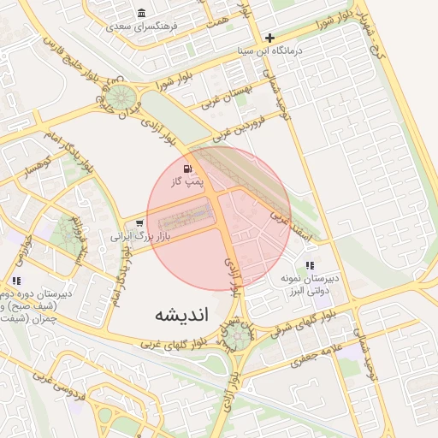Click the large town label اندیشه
point(181,314)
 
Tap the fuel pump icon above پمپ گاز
point(187,169)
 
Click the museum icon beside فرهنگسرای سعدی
point(141,13)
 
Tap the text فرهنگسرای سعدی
point(141,27)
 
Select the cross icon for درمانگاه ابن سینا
point(270,38)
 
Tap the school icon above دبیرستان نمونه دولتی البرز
point(310,266)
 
